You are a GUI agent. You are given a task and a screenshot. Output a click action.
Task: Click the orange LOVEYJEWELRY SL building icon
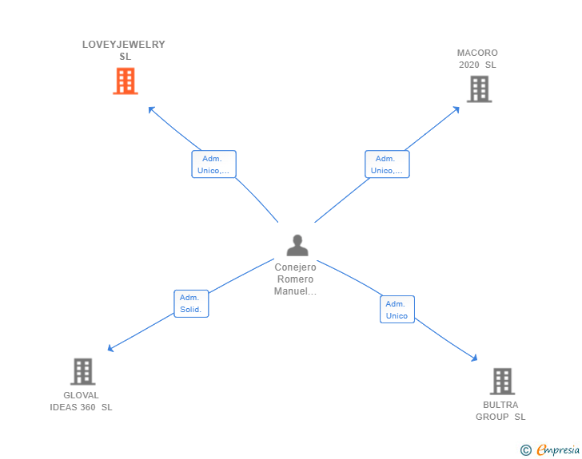click(125, 81)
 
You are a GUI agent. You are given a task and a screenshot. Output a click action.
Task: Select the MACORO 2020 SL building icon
click(478, 89)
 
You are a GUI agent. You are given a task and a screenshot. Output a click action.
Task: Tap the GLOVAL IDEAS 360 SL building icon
click(82, 371)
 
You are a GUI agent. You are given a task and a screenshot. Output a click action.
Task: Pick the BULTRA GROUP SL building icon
click(501, 381)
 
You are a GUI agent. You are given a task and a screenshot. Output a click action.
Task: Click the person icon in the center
click(297, 245)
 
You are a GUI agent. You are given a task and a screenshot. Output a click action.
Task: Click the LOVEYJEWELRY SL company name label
click(124, 50)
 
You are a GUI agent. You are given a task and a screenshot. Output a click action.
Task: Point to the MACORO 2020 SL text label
click(477, 59)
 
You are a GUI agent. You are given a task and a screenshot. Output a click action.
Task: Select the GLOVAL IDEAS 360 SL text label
click(81, 401)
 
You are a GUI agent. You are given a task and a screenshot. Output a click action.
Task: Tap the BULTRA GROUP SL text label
click(500, 410)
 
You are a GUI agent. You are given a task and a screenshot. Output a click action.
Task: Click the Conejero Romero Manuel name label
click(296, 279)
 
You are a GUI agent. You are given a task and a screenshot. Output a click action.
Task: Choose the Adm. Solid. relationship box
click(191, 303)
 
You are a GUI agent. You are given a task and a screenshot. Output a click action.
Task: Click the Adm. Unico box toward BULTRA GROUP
click(397, 310)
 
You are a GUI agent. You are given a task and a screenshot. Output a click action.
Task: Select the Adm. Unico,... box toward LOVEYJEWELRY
click(213, 164)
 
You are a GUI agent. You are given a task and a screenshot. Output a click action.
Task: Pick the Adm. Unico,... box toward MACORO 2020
click(387, 164)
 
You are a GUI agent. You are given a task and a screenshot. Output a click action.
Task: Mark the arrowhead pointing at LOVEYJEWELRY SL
click(151, 109)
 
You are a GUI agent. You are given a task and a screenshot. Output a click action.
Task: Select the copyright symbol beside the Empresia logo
click(526, 450)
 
